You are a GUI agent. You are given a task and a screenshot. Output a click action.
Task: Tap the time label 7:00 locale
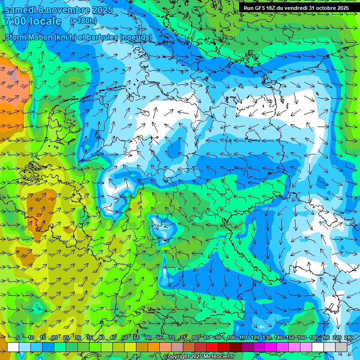[x=33, y=22]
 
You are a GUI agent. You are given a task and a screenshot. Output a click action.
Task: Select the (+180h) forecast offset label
[x=83, y=21]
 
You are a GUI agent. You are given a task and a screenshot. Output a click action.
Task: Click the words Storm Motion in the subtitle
[x=29, y=37]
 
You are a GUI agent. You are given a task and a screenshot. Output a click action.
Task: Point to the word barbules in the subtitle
[x=103, y=37]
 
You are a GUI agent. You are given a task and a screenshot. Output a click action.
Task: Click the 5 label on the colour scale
[x=18, y=338]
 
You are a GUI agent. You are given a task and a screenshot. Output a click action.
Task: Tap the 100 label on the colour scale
[x=231, y=338]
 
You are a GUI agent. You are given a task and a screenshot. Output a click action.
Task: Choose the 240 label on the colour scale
[x=349, y=338]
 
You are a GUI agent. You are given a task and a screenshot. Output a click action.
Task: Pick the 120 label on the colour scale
[x=255, y=338]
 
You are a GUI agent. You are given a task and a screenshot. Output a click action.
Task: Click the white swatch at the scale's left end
[x=13, y=347]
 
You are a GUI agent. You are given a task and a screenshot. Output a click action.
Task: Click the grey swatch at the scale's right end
[x=341, y=347]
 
